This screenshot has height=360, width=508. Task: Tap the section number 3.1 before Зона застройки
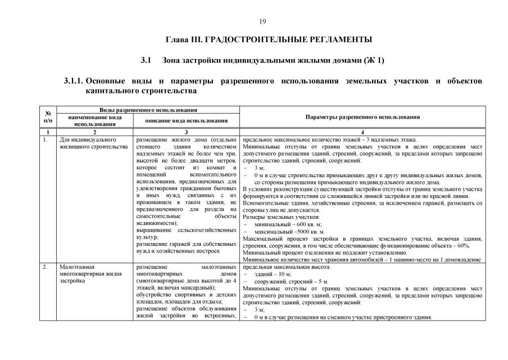pos(147,60)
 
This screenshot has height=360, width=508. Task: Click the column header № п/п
pos(48,116)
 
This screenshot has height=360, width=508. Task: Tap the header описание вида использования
pos(187,120)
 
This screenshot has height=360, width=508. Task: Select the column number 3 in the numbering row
pos(187,132)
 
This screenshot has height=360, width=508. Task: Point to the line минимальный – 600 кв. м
pos(287,224)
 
